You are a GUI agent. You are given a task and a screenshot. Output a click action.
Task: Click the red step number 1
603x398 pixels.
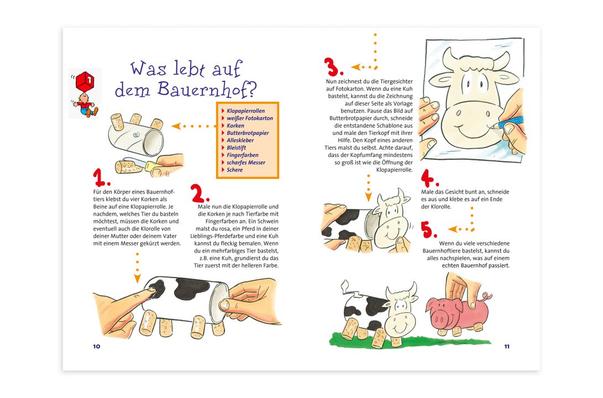pos(101,178)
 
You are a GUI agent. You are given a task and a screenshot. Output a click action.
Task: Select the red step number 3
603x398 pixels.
pos(333,68)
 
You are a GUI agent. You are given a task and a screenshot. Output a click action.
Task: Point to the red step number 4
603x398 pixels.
pos(429,179)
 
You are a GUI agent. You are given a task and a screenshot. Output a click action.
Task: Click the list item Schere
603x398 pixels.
pos(235,170)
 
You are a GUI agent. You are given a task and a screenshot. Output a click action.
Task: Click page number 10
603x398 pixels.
pos(97,347)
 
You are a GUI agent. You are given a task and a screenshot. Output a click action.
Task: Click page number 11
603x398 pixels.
pos(506,347)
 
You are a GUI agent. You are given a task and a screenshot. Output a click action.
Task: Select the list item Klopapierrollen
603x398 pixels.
pos(246,111)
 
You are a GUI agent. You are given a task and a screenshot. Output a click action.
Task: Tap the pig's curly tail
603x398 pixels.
pos(487,297)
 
